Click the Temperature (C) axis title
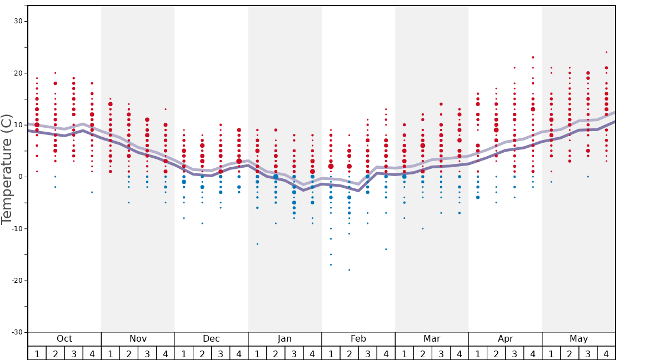[x=7, y=169]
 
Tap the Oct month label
[x=64, y=339]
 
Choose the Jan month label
[x=284, y=339]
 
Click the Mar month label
[x=432, y=339]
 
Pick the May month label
[x=578, y=339]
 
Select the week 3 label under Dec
[x=221, y=354]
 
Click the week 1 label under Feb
[x=331, y=354]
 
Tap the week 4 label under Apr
[x=533, y=354]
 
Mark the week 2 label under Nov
[x=129, y=354]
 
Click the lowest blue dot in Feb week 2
[x=349, y=270]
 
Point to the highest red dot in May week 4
[x=606, y=52]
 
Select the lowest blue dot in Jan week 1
[x=257, y=244]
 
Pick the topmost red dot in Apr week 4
[x=533, y=57]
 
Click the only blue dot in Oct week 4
[x=92, y=192]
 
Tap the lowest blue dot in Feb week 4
[x=386, y=249]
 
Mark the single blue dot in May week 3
[x=588, y=177]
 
